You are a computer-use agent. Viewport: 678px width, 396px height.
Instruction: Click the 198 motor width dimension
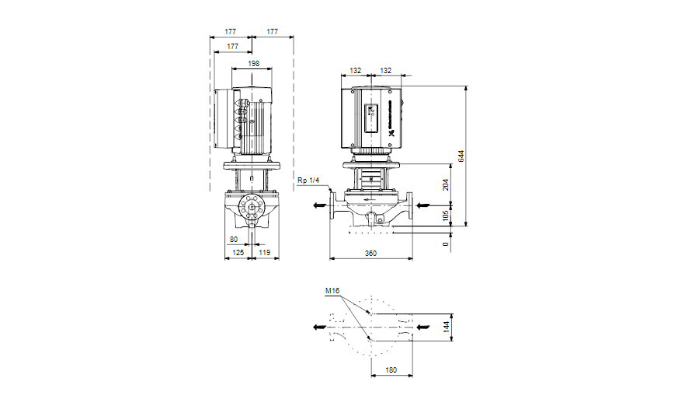pyautogui.click(x=253, y=63)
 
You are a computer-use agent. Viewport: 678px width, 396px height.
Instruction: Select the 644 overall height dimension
pyautogui.click(x=461, y=156)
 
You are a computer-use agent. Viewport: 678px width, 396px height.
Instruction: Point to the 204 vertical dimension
pyautogui.click(x=446, y=184)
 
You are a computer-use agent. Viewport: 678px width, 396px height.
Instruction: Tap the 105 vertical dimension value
pyautogui.click(x=446, y=215)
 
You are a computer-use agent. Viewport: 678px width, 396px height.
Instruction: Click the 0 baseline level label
pyautogui.click(x=446, y=244)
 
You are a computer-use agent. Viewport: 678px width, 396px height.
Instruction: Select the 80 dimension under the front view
pyautogui.click(x=234, y=240)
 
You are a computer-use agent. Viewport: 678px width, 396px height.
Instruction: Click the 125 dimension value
pyautogui.click(x=238, y=254)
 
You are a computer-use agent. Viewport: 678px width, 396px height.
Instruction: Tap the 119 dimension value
pyautogui.click(x=264, y=254)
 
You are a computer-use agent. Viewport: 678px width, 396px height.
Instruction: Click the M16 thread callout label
pyautogui.click(x=332, y=291)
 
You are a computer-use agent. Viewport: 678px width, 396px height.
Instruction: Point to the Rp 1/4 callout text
pyautogui.click(x=308, y=181)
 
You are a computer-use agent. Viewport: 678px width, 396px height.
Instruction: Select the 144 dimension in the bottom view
pyautogui.click(x=447, y=327)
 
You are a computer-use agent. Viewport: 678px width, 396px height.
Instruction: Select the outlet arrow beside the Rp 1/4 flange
pyautogui.click(x=319, y=206)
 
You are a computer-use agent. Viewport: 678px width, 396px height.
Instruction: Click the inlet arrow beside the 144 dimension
pyautogui.click(x=422, y=327)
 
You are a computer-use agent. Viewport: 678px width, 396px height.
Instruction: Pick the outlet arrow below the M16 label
pyautogui.click(x=319, y=327)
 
